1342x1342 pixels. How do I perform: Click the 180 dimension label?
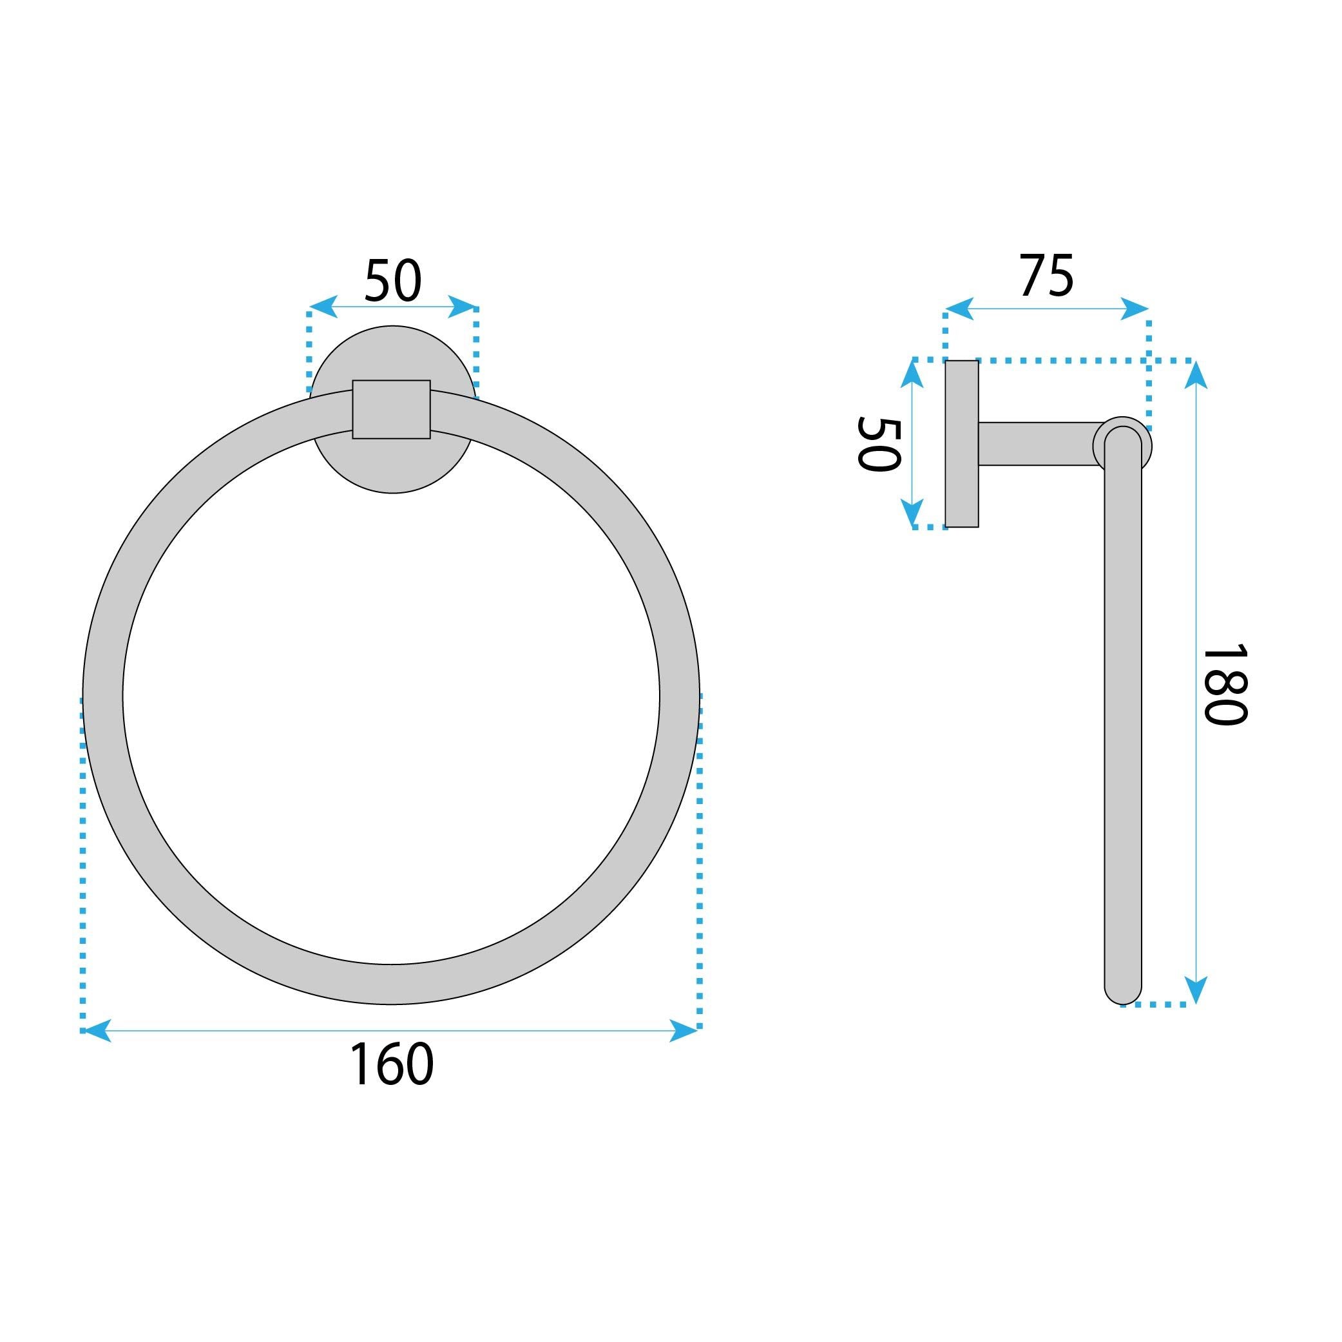(1225, 685)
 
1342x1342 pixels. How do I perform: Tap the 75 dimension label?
(1046, 276)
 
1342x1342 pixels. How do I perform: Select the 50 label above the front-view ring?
(392, 281)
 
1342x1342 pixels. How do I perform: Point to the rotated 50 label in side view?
(879, 445)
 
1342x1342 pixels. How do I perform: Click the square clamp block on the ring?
(391, 409)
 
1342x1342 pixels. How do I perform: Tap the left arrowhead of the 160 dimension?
(96, 1030)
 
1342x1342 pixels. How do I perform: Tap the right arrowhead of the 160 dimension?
(684, 1030)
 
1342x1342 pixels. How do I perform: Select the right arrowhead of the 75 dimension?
(1135, 309)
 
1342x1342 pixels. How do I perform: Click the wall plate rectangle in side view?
(962, 444)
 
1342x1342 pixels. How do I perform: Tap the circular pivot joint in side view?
(1122, 432)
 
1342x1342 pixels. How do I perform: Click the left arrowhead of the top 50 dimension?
(322, 306)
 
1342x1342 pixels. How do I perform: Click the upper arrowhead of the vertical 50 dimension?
(912, 374)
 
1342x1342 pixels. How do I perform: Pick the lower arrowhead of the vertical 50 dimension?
(912, 515)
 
